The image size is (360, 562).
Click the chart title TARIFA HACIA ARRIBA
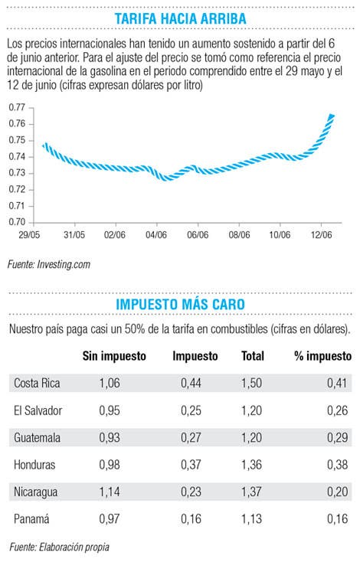point(180,18)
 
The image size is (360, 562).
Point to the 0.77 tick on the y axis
point(17,107)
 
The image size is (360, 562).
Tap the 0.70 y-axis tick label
point(17,222)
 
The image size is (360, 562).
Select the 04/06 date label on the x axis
point(156,235)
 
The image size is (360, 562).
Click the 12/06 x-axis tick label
point(321,235)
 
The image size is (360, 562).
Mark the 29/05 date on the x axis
point(29,235)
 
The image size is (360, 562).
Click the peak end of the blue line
point(332,115)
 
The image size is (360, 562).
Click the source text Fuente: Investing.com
point(49,264)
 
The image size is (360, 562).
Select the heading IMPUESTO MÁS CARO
point(180,304)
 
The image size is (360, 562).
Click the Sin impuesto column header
point(114,356)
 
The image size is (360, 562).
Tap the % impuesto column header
point(322,356)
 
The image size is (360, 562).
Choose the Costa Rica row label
point(37,383)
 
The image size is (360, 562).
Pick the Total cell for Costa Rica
point(252,383)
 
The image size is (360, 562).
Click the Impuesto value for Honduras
point(191,465)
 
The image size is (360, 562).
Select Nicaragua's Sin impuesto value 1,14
point(110,492)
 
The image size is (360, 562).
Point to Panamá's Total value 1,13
point(252,518)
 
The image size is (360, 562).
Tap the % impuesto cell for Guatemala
point(338,437)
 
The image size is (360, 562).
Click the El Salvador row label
point(38,410)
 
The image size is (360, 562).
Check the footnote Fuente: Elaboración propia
point(60,547)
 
